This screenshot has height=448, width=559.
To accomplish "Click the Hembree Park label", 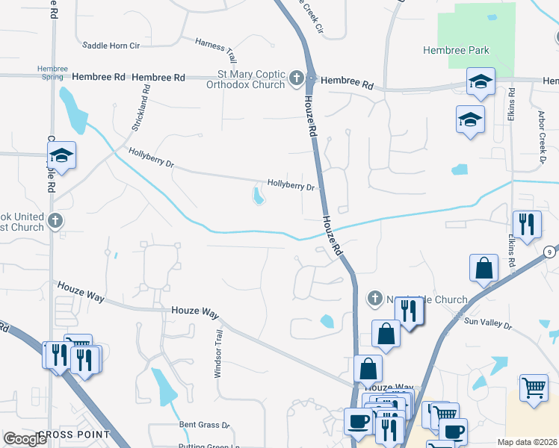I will pos(456,50).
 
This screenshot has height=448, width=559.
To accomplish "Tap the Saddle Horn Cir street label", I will pos(111,46).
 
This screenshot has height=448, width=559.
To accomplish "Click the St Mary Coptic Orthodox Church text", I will pos(251,79).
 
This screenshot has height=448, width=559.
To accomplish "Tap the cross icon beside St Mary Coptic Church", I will pos(297,78).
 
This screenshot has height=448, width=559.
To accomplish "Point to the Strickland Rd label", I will pos(141,108).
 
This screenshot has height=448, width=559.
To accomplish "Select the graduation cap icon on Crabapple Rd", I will pos(61,155).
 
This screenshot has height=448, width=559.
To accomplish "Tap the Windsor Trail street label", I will pos(219,354).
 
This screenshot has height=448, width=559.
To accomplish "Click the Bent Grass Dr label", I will pos(204,425).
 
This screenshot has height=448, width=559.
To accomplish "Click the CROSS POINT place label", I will pos(74,435).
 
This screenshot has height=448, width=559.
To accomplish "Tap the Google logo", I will pos(25,439).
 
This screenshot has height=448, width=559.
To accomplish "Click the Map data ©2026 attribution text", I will pos(527,442).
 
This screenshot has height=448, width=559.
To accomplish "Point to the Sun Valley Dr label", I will pos(487,325).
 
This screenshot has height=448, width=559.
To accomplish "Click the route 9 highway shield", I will pos(549,251).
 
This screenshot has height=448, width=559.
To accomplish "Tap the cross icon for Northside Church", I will pos(375,299).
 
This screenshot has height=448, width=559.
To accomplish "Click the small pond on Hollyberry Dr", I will pos(259,196).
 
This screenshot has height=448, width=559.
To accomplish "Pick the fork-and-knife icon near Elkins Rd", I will pos(527,223).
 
